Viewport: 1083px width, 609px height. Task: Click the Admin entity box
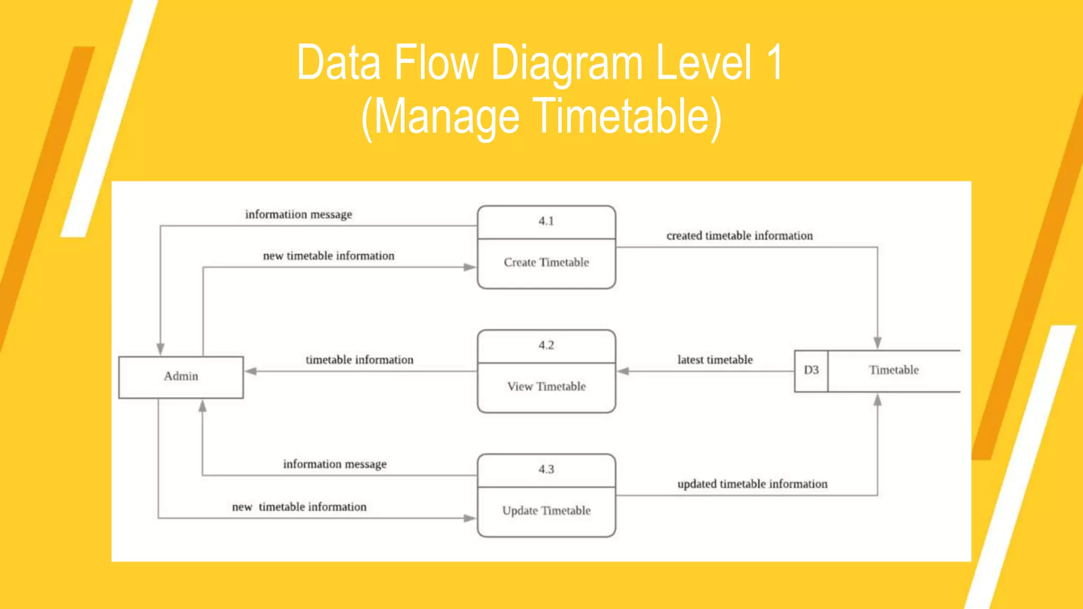coord(181,376)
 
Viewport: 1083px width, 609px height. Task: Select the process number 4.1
coord(546,221)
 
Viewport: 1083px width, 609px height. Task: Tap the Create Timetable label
coord(546,262)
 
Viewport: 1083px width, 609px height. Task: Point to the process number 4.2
coord(546,345)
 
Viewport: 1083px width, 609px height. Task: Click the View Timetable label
coord(546,386)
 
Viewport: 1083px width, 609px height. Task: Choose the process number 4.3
coord(546,469)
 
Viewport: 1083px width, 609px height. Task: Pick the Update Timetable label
coord(546,511)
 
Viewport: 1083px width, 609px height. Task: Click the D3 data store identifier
coord(811,370)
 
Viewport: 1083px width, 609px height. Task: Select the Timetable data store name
coord(894,370)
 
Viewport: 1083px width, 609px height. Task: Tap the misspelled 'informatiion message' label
coord(298,215)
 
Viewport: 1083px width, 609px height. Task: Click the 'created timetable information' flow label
coord(739,236)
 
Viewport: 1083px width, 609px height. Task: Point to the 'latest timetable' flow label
coord(715,360)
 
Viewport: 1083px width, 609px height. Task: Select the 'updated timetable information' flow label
coord(752,484)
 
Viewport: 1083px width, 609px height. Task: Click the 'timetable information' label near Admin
coord(360,360)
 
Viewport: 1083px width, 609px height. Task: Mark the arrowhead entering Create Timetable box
coord(470,267)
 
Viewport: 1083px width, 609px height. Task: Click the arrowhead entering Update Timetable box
coord(470,518)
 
